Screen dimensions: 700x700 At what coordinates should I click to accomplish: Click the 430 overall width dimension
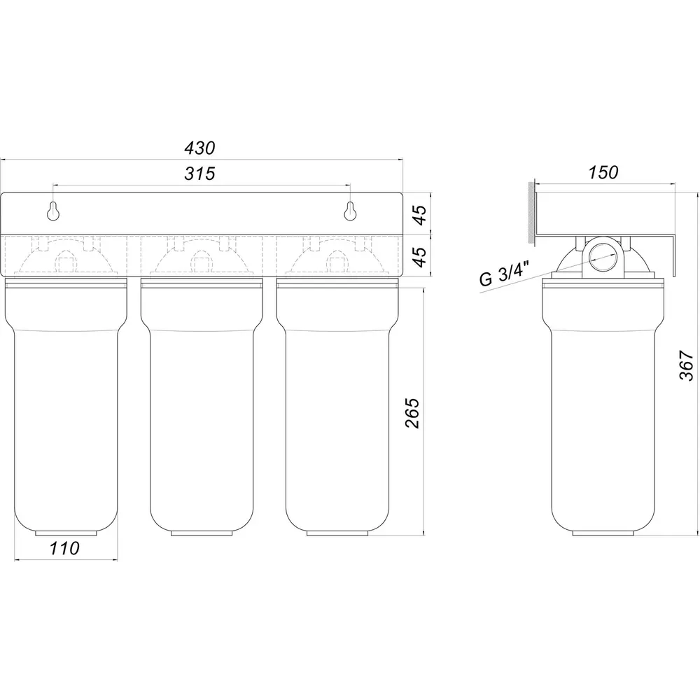pyautogui.click(x=200, y=148)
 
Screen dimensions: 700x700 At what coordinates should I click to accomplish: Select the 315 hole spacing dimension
pyautogui.click(x=200, y=173)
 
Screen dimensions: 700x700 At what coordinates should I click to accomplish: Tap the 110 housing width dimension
pyautogui.click(x=64, y=548)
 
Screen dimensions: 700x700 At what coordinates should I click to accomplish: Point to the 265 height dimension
pyautogui.click(x=413, y=413)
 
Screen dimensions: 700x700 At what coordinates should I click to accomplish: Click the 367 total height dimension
pyautogui.click(x=687, y=365)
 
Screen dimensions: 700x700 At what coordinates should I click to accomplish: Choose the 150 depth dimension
pyautogui.click(x=603, y=172)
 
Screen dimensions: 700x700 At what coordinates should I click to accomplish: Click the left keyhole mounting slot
pyautogui.click(x=54, y=211)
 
